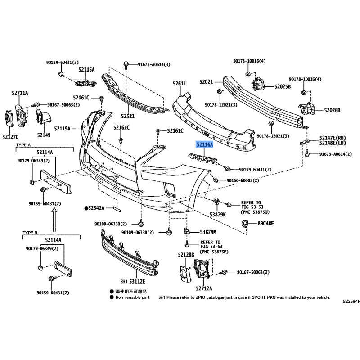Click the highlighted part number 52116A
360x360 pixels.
pyautogui.click(x=204, y=145)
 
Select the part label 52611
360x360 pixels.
pyautogui.click(x=179, y=84)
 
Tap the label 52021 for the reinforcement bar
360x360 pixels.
pyautogui.click(x=206, y=82)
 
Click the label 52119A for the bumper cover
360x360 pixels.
pyautogui.click(x=63, y=129)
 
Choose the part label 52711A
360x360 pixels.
pyautogui.click(x=20, y=93)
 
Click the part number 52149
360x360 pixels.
pyautogui.click(x=44, y=135)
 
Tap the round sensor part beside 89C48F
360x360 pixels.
pyautogui.click(x=246, y=223)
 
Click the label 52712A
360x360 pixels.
pyautogui.click(x=204, y=288)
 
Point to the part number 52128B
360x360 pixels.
pyautogui.click(x=185, y=255)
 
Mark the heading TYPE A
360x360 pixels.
pyautogui.click(x=23, y=146)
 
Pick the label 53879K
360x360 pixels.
pyautogui.click(x=218, y=214)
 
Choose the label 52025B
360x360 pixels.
pyautogui.click(x=283, y=86)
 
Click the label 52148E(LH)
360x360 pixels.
pyautogui.click(x=333, y=143)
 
